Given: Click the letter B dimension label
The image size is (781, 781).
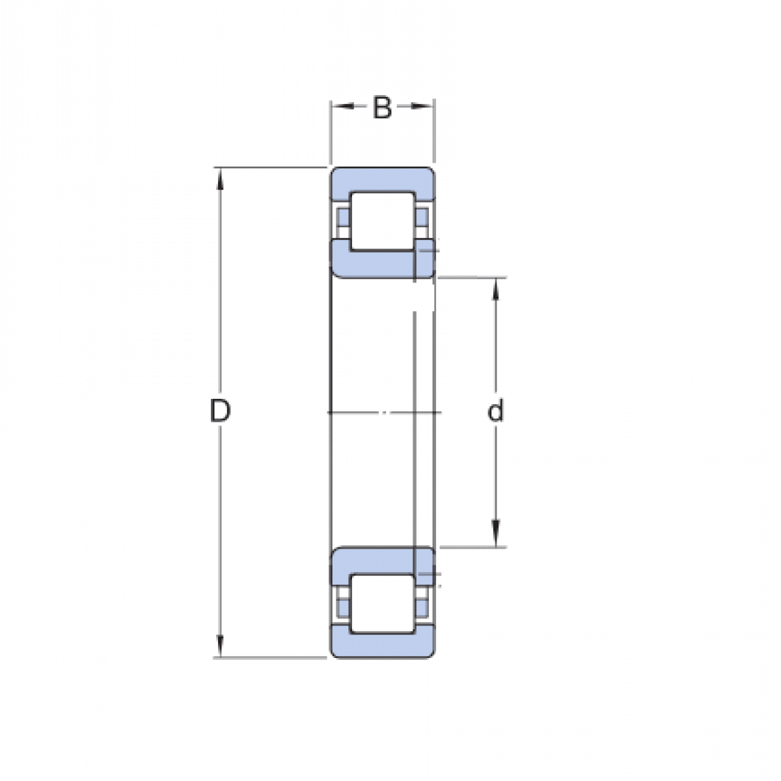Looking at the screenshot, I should pyautogui.click(x=382, y=108).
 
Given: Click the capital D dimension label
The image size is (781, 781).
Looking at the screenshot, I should pyautogui.click(x=220, y=411).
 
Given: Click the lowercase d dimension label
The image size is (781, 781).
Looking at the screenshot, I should pyautogui.click(x=495, y=411).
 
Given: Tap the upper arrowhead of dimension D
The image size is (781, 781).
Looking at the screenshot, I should pyautogui.click(x=220, y=179).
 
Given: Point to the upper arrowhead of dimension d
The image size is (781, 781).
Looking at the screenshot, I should pyautogui.click(x=496, y=289).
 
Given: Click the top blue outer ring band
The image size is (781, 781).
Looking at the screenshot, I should pyautogui.click(x=382, y=180).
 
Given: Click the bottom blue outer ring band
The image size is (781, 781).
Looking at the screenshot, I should pyautogui.click(x=382, y=644).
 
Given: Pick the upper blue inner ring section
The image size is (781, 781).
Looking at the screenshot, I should pyautogui.click(x=374, y=264).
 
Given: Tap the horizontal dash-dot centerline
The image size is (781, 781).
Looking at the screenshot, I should pyautogui.click(x=384, y=412).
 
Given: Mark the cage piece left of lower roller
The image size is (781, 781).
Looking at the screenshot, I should pyautogui.click(x=342, y=601).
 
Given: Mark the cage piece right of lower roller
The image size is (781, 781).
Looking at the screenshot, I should pyautogui.click(x=423, y=601).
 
